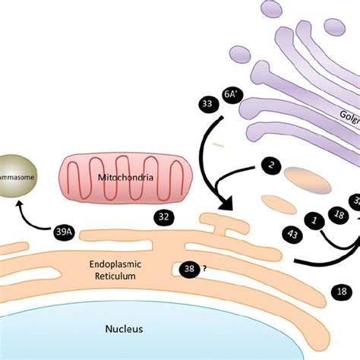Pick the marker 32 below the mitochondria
[163, 216]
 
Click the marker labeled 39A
[64, 233]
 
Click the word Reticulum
[115, 277]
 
